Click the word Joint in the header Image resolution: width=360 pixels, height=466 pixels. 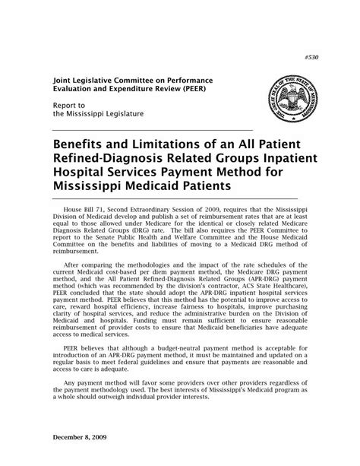pos(64,79)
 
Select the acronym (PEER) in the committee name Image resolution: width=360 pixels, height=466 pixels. pos(196,88)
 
